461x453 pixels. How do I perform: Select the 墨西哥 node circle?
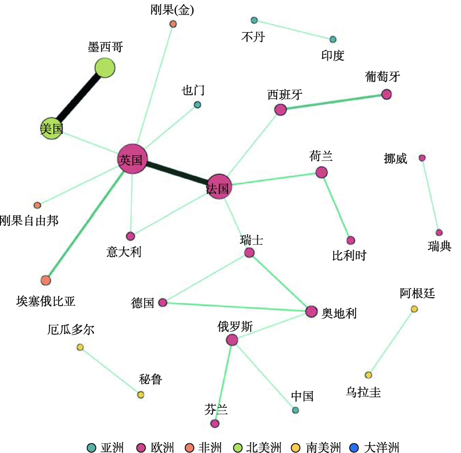(105, 68)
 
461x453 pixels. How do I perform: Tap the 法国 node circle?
(219, 187)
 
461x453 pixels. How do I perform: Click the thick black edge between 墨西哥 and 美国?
(78, 99)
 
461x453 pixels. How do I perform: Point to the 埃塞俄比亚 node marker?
(46, 280)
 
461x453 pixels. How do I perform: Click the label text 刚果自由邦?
(29, 220)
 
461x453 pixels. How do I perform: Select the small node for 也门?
(197, 105)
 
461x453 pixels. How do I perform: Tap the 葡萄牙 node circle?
(386, 94)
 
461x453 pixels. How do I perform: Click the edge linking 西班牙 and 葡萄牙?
(333, 102)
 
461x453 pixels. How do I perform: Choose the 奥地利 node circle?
(311, 312)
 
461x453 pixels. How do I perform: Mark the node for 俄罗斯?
(232, 340)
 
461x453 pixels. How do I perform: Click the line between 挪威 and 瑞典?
(431, 195)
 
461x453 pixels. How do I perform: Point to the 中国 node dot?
(296, 410)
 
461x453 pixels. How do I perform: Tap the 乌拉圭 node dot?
(368, 375)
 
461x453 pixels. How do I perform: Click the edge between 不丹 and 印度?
(293, 30)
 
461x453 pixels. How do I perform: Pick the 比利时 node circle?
(351, 240)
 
